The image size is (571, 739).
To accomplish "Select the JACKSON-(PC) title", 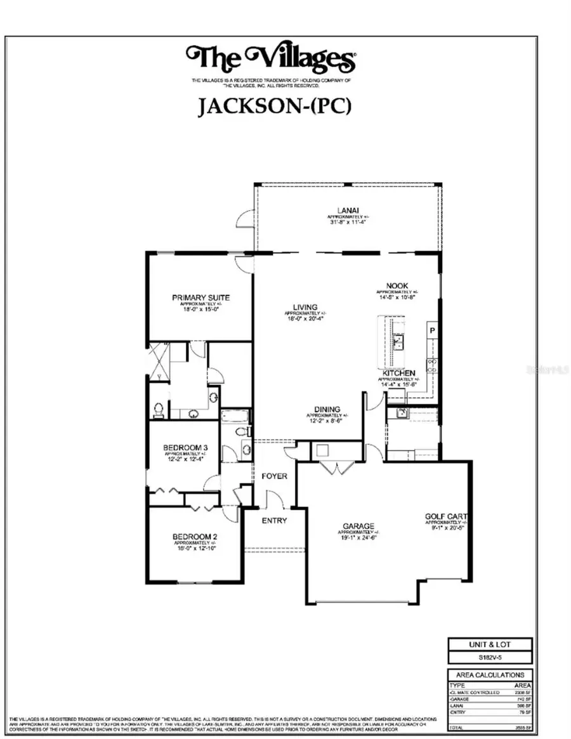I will [274, 106].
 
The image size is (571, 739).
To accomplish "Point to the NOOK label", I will [397, 286].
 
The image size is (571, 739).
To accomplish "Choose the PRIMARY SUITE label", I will [200, 298].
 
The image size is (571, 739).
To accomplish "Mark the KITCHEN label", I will [398, 373].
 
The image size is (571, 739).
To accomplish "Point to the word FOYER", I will [273, 476].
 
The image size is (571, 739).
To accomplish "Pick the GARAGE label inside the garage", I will [359, 526].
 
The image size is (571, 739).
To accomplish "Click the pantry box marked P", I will [432, 330].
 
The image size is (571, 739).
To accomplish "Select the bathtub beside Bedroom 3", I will [236, 416].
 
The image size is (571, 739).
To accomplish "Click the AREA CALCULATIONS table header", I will [490, 675].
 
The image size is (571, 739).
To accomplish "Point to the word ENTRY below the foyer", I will [274, 521].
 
